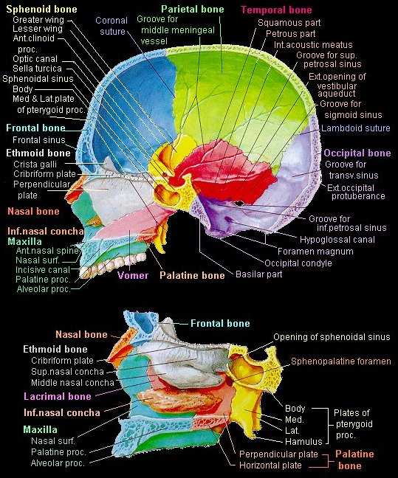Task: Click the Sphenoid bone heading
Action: point(41,9)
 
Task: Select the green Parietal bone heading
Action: point(193,9)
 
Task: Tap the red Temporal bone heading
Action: point(276,10)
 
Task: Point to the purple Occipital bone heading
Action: point(357,153)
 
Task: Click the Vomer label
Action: point(133,275)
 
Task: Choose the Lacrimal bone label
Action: point(58,396)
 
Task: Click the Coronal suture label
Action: point(111,26)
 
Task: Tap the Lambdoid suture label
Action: point(356,128)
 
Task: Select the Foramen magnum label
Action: point(315,252)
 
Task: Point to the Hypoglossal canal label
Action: point(337,240)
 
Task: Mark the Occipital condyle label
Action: point(298,263)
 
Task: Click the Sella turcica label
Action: point(37,69)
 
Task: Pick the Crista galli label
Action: point(35,164)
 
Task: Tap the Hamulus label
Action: point(303,441)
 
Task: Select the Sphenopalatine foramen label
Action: point(341,361)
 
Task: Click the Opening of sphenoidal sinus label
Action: point(332,337)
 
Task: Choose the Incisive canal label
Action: point(43,270)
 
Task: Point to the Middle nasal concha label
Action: point(72,383)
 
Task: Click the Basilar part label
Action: point(259,274)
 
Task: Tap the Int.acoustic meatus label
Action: point(313,45)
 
